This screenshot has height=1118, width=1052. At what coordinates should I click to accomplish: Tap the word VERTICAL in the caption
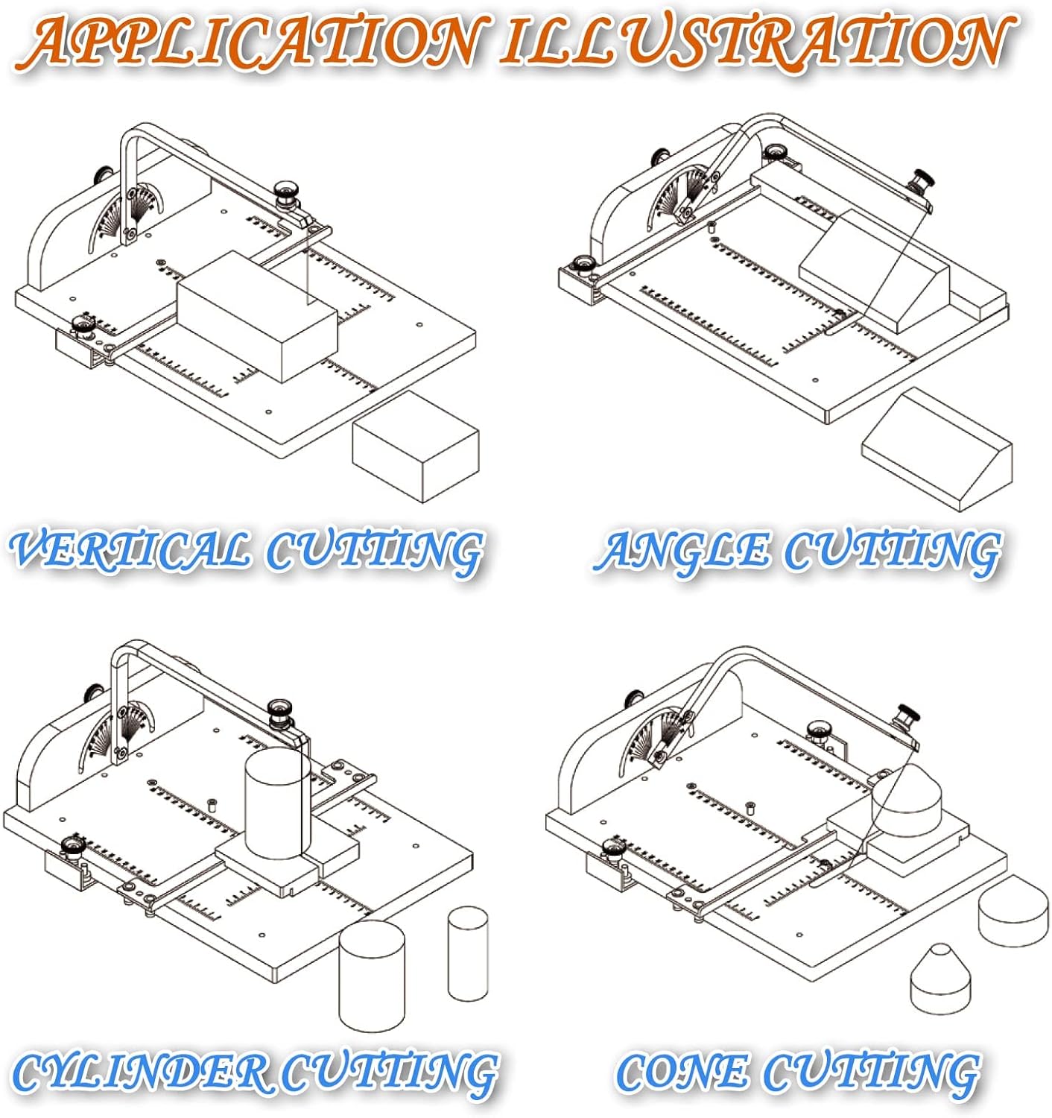coord(131,551)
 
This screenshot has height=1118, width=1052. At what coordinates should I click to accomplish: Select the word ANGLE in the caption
coord(684,551)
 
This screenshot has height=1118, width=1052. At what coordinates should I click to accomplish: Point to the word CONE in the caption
coord(682,1073)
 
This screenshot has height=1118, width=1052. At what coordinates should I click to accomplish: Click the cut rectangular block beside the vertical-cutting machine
coord(415,446)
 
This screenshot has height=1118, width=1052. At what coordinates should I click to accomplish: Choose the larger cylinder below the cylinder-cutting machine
coord(372,976)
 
